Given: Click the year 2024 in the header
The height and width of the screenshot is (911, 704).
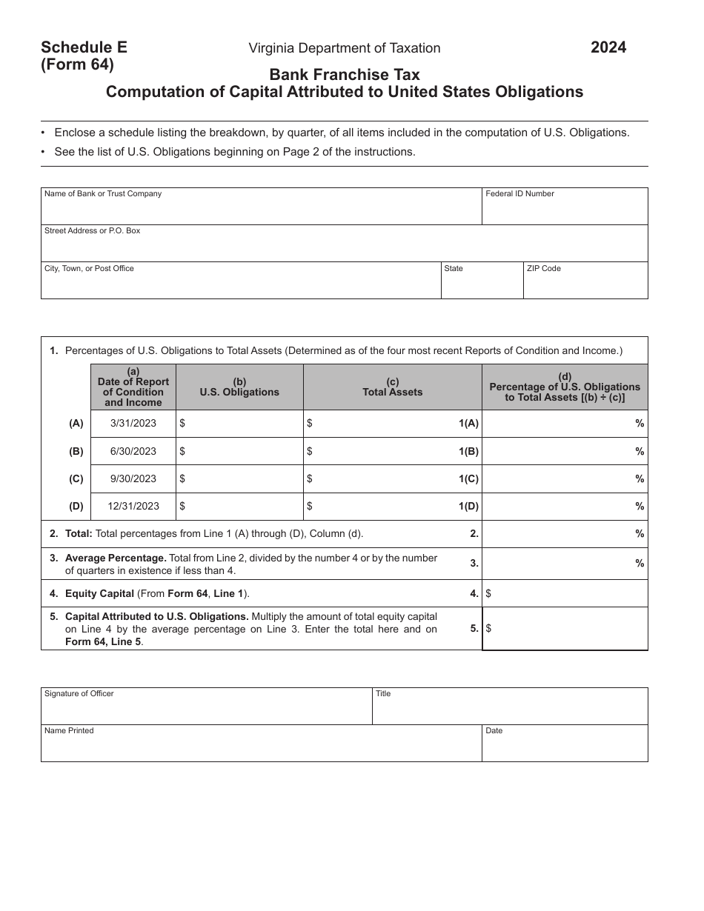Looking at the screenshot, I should [x=608, y=48].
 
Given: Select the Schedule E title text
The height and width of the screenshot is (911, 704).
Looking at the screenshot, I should [x=84, y=47].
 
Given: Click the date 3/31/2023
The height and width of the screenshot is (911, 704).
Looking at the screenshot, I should [x=133, y=424].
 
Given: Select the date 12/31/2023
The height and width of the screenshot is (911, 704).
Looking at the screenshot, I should [x=133, y=507].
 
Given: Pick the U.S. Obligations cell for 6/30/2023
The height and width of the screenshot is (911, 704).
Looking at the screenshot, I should [x=239, y=451].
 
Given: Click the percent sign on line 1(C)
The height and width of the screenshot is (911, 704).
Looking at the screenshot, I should [x=640, y=479].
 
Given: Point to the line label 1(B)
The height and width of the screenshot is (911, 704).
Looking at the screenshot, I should [x=468, y=451].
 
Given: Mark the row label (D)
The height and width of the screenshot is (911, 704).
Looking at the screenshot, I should [x=76, y=507].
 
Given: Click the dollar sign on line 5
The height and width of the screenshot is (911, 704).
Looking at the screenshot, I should [x=488, y=628].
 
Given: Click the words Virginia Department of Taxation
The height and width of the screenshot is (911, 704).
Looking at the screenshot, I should [x=344, y=48].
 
